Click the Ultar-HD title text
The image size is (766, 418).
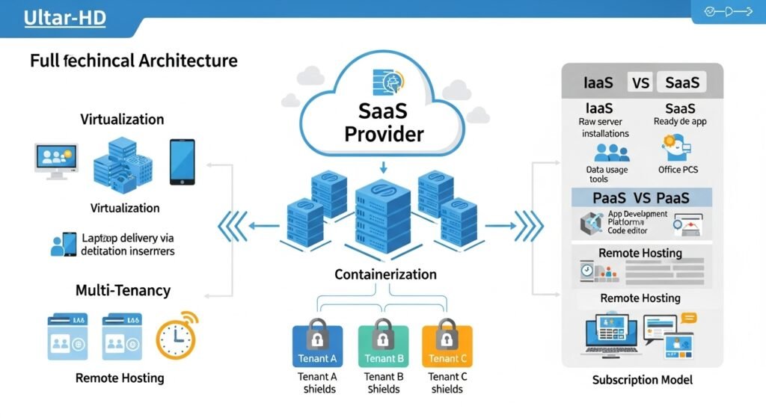(65, 17)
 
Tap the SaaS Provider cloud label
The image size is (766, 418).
(384, 123)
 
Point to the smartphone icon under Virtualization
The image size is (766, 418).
(182, 162)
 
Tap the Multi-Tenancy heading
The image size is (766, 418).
(123, 290)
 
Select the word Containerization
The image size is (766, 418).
(384, 275)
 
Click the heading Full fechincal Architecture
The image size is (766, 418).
(134, 61)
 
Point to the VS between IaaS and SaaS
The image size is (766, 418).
(641, 82)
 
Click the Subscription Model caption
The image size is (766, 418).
(642, 380)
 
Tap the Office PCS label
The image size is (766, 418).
(680, 170)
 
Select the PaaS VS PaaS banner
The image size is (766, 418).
(641, 198)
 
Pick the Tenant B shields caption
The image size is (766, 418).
(384, 383)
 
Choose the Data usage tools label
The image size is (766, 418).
(607, 174)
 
